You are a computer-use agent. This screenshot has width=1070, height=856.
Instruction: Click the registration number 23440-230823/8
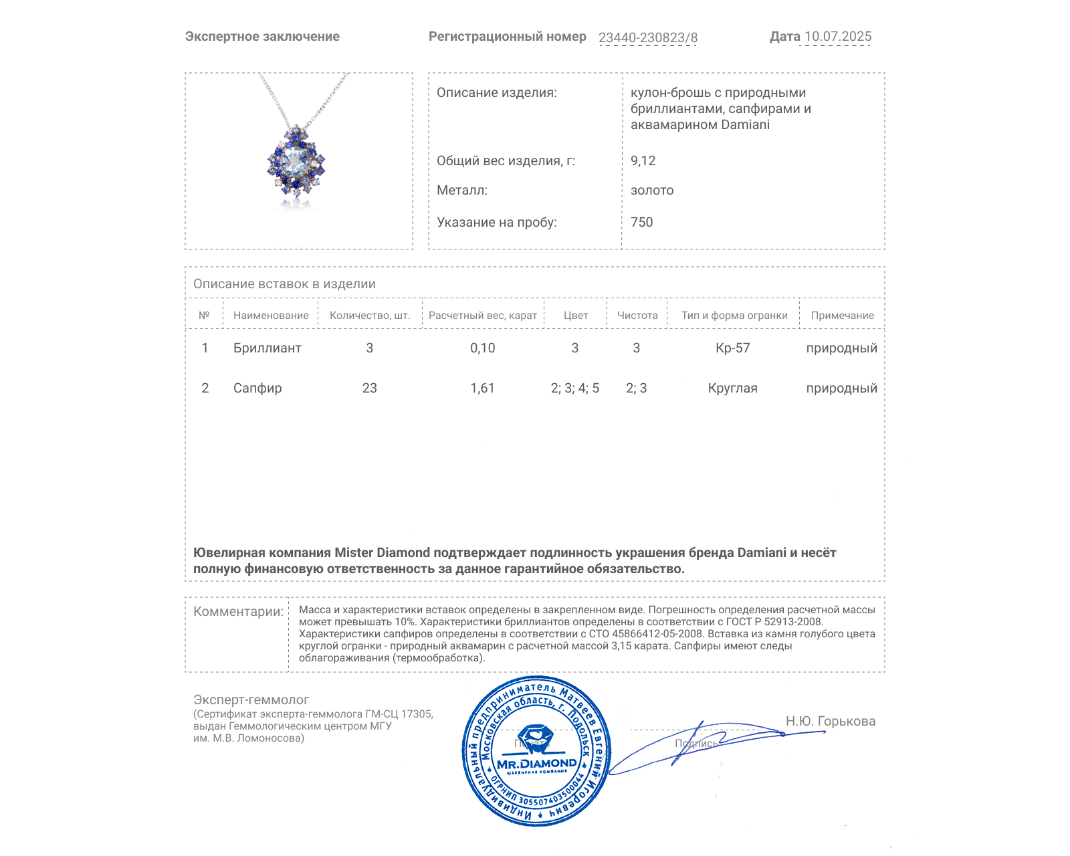[x=647, y=38]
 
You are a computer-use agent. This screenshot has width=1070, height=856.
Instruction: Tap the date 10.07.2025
[x=837, y=37]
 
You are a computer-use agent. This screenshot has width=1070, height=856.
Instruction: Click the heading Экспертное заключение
[x=262, y=37]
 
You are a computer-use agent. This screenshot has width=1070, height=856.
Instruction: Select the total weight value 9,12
[x=643, y=160]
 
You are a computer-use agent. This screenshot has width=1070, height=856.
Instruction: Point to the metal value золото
[x=652, y=191]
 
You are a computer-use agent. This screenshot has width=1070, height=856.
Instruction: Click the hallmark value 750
[x=641, y=223]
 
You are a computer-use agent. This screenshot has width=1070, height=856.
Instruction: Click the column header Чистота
[x=637, y=316]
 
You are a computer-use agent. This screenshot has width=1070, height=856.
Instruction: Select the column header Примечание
[x=842, y=316]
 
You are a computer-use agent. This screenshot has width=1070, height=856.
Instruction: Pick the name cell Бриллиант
[x=267, y=348]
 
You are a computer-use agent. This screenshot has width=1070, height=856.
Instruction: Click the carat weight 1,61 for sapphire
[x=482, y=389]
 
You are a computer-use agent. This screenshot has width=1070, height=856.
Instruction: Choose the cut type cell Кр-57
[x=732, y=348]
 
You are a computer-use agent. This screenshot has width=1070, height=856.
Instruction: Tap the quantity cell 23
[x=369, y=389]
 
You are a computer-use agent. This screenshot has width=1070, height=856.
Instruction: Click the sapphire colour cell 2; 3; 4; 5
[x=574, y=389]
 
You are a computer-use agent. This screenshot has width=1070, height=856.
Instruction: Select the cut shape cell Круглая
[x=732, y=389]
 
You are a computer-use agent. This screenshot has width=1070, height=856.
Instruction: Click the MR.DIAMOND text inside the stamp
[x=536, y=764]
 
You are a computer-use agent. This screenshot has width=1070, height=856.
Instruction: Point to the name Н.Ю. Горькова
[x=830, y=722]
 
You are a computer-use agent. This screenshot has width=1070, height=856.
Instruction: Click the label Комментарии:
[x=238, y=612]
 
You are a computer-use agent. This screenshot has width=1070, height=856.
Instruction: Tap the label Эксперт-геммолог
[x=251, y=700]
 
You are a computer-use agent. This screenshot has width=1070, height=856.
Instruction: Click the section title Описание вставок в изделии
[x=284, y=284]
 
